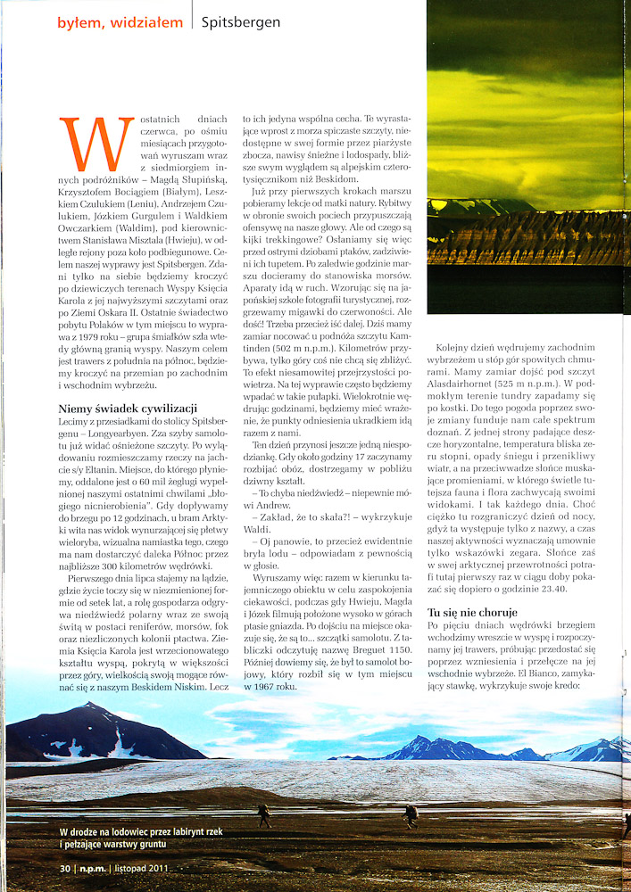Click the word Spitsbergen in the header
coord(241,22)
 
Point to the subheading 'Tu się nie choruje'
coord(471,614)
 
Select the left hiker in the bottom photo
coord(265,814)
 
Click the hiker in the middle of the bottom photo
coord(411,814)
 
